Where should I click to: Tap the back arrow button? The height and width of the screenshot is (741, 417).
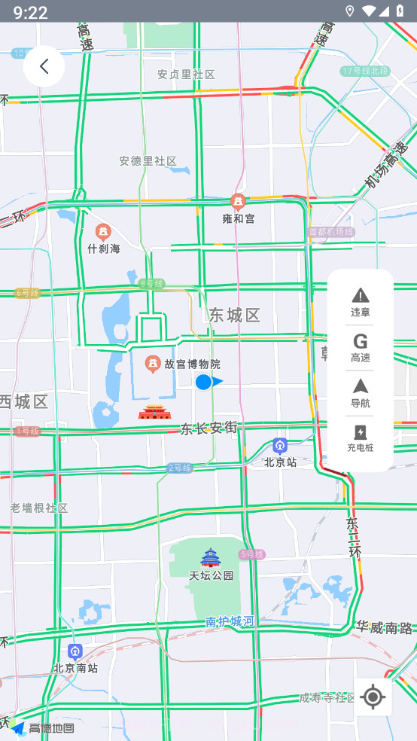click(44, 66)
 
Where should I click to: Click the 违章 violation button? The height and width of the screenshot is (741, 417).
click(361, 302)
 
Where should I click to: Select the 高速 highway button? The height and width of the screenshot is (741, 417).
click(361, 347)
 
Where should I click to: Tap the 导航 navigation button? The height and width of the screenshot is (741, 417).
click(361, 392)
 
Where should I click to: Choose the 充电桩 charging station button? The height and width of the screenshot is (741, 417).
click(361, 438)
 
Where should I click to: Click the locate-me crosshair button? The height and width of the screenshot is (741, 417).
click(373, 697)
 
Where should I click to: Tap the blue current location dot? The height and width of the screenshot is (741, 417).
click(203, 382)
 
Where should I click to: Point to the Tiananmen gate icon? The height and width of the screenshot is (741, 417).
click(154, 412)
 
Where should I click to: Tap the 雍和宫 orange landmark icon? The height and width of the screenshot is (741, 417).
click(238, 202)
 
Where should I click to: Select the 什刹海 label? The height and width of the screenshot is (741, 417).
click(104, 248)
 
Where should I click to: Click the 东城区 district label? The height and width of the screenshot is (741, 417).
click(235, 315)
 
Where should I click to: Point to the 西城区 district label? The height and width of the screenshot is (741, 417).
click(24, 401)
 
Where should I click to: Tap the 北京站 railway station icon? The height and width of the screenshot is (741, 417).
click(280, 446)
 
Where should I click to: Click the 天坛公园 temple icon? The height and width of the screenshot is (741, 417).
click(210, 558)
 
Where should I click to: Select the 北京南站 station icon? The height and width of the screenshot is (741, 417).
click(75, 651)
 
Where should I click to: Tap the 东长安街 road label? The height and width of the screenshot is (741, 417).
click(208, 428)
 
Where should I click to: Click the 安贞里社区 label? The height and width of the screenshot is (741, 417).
click(186, 75)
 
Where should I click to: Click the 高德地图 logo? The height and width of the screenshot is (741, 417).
click(44, 727)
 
